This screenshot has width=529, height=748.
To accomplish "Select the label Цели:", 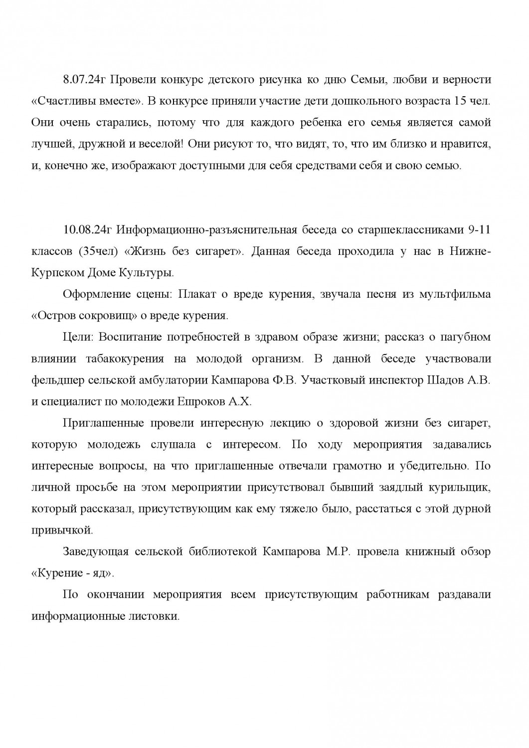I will click(79, 337).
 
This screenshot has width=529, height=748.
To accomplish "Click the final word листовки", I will click(155, 616).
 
